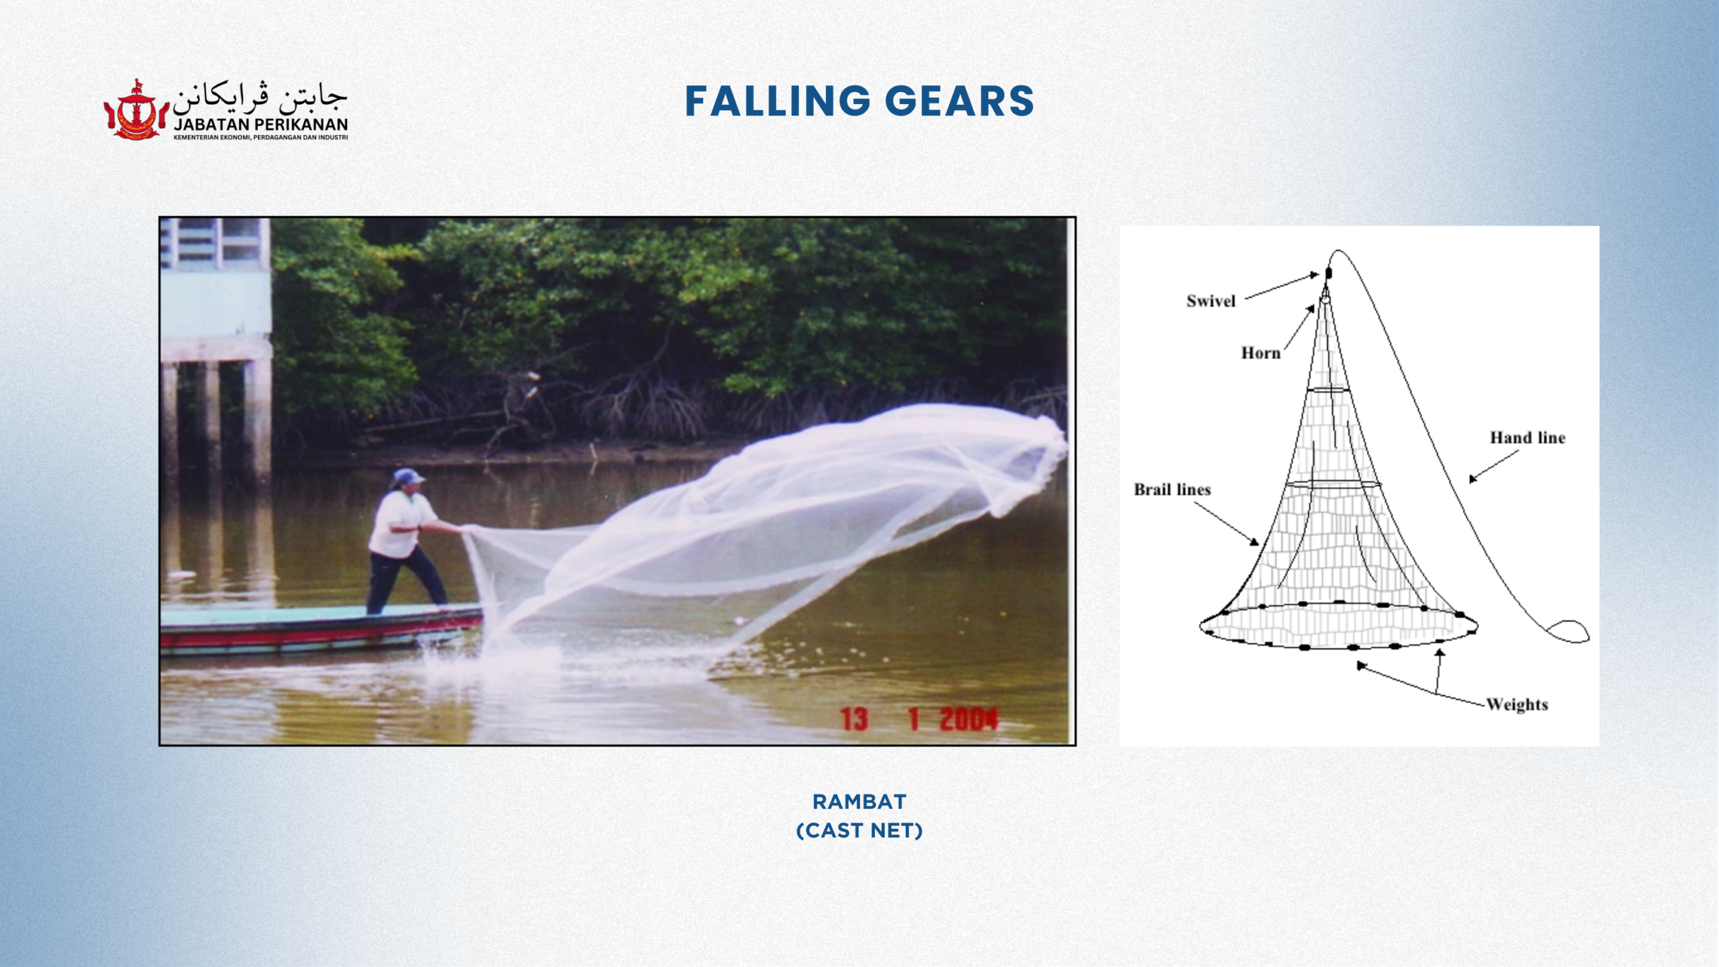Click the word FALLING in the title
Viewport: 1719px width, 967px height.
(778, 101)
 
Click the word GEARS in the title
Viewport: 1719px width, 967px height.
(960, 101)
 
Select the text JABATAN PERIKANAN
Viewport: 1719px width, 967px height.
(261, 124)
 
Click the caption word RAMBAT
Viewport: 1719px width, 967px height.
(859, 801)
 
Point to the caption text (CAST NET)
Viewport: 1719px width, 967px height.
(859, 831)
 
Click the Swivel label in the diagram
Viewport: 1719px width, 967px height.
(1211, 301)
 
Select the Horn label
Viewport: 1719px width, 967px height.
(1260, 353)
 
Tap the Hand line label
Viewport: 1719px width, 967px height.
(1528, 438)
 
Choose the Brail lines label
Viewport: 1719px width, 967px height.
(1172, 490)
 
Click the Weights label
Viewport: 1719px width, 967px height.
(1518, 704)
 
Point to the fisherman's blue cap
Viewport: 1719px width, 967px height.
(408, 476)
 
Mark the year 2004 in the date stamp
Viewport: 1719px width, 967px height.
(968, 720)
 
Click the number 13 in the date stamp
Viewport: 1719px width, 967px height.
(854, 720)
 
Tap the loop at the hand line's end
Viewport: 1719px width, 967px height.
(1568, 631)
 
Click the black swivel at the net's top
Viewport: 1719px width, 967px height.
(1328, 273)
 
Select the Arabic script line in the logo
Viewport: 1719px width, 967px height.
(260, 98)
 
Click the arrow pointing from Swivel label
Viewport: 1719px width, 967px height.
(1282, 286)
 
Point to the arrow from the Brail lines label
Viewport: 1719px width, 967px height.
(1226, 524)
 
